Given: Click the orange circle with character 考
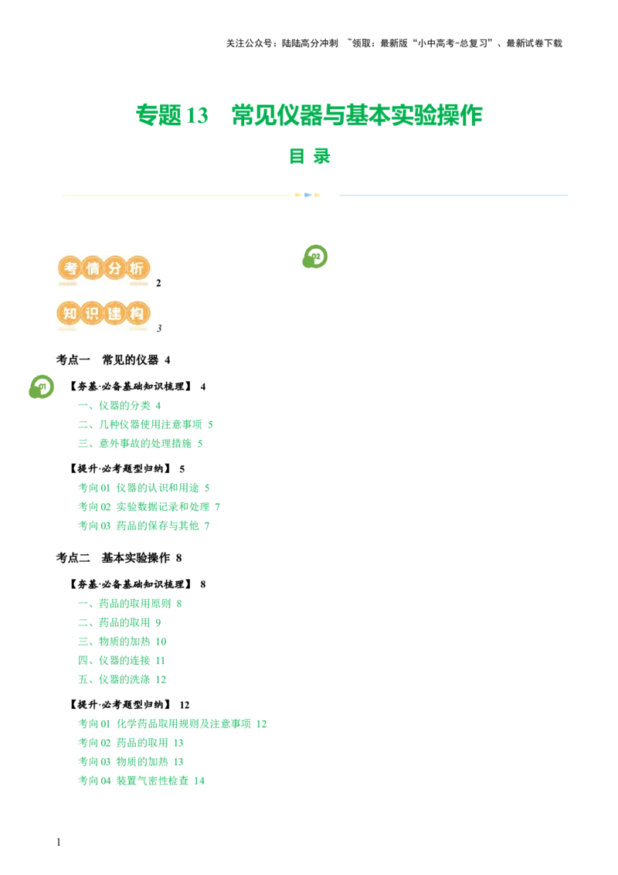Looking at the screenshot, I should pos(70,268).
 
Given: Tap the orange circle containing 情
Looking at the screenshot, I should pos(92,268).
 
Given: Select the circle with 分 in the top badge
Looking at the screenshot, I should pos(114,268).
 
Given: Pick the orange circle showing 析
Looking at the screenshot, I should pos(137,268).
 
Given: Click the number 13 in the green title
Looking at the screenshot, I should pos(199,115).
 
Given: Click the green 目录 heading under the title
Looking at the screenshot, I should pos(309,157).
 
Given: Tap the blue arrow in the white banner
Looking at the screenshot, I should pos(307,195).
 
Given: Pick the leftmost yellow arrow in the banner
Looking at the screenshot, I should pos(298,195).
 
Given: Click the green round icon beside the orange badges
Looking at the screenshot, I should pos(313,257).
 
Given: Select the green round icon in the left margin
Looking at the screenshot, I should pos(41,386).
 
